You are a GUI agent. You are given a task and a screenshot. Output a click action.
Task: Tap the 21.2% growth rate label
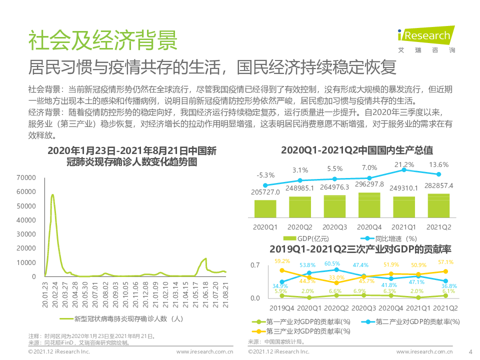coord(404,164)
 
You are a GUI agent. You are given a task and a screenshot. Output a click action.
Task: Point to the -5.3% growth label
coord(265,175)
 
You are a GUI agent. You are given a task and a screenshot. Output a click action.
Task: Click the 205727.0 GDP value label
coord(265,192)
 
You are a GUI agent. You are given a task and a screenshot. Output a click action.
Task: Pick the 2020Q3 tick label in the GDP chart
coord(334,227)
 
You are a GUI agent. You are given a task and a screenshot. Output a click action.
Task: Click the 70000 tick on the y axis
coord(26,177)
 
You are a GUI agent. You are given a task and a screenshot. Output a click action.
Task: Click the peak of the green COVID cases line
coord(52,194)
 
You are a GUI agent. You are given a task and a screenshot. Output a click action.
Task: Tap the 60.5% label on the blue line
coord(332,263)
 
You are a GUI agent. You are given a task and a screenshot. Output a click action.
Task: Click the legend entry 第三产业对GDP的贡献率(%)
coord(305,331)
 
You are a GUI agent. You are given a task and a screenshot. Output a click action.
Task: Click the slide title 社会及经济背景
coord(102,40)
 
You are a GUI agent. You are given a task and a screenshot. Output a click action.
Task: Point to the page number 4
coord(469,351)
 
